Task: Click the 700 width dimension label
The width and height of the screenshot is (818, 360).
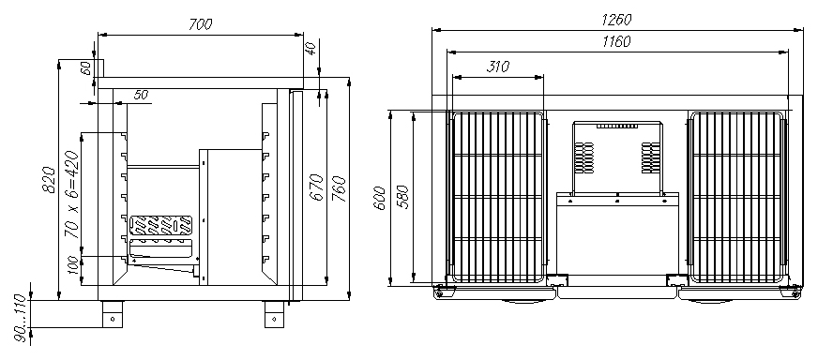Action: pos(201,24)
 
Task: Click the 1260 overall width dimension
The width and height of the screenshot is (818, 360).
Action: pos(616,20)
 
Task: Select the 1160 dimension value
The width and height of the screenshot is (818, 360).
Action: pos(616,41)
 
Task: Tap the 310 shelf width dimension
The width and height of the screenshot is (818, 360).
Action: pos(498,67)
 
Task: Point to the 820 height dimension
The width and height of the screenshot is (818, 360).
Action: pos(49,179)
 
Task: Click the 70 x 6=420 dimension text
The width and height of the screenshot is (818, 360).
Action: pos(72,194)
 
